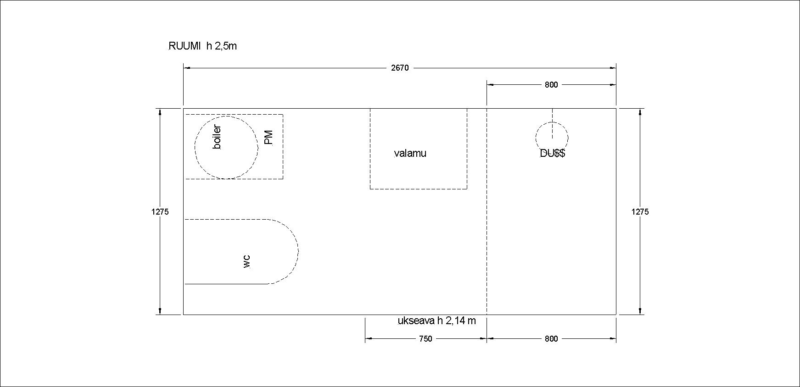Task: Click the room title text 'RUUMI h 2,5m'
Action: pyautogui.click(x=203, y=46)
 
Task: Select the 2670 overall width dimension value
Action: pyautogui.click(x=400, y=68)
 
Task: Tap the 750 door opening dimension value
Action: pyautogui.click(x=425, y=339)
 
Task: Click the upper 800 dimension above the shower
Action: pyautogui.click(x=551, y=85)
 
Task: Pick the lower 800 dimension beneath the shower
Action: pyautogui.click(x=551, y=339)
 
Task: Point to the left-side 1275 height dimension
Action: pyautogui.click(x=160, y=212)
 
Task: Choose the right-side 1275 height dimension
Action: pyautogui.click(x=640, y=212)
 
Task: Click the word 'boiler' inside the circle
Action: pyautogui.click(x=217, y=137)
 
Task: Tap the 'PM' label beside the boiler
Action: pyautogui.click(x=269, y=138)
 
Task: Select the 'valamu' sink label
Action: pyautogui.click(x=410, y=153)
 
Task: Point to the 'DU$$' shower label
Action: pyautogui.click(x=553, y=154)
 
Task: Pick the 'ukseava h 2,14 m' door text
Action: pyautogui.click(x=436, y=321)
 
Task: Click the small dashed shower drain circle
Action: pyautogui.click(x=568, y=138)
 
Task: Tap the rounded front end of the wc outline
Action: pyautogui.click(x=298, y=251)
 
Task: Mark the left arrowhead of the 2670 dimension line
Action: pyautogui.click(x=187, y=68)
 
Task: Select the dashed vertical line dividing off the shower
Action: pyautogui.click(x=487, y=211)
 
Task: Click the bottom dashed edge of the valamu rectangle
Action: pyautogui.click(x=419, y=189)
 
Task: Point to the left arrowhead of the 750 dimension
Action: pyautogui.click(x=369, y=339)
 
